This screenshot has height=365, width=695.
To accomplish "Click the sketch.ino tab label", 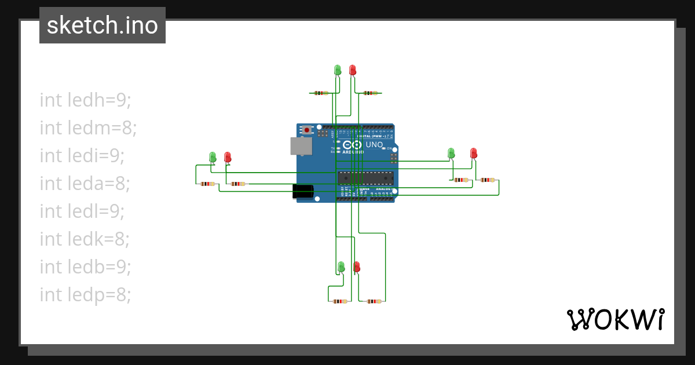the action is (102, 25).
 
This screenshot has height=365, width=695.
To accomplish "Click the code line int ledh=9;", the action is (86, 100).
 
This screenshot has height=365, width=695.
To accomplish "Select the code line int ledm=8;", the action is (88, 128).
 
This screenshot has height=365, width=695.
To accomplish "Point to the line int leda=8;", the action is (85, 184).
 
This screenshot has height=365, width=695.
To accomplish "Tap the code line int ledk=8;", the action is (85, 239).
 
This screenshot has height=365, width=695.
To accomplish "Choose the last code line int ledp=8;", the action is (86, 295).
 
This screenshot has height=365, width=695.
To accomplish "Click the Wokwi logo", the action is (615, 319).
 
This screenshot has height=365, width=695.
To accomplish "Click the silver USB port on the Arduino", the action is (301, 146).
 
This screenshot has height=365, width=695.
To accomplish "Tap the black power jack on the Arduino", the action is (302, 192).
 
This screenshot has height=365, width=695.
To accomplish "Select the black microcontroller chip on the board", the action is (365, 178).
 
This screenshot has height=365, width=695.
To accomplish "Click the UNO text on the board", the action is (374, 144).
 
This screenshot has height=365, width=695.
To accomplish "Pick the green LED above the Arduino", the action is (338, 70).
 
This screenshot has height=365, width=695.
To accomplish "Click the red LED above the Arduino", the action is (352, 70).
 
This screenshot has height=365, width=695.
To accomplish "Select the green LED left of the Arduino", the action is (213, 157).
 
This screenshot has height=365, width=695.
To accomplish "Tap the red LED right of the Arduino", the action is (474, 153).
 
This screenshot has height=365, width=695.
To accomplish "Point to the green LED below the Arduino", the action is (341, 267).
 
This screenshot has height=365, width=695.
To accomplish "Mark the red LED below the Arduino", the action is (356, 267).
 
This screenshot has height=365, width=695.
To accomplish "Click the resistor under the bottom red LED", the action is (375, 301).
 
